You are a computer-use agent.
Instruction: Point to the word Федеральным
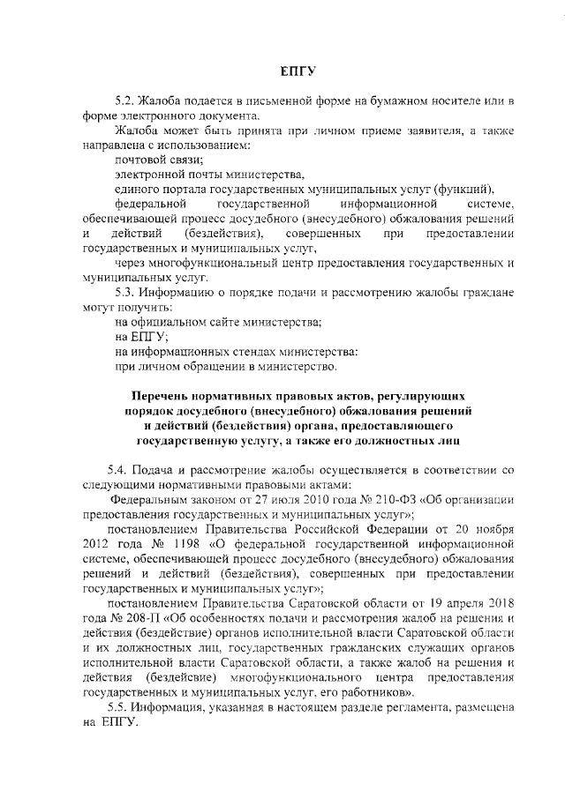click(145, 500)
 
